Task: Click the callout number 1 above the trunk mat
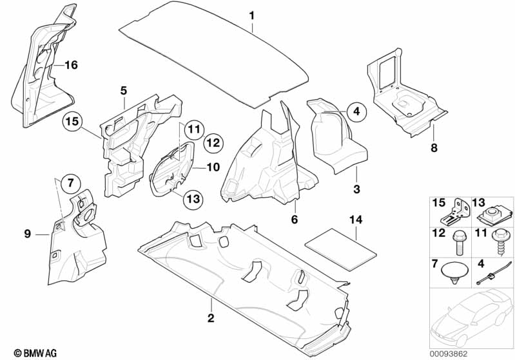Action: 252,14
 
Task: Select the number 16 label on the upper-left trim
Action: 70,64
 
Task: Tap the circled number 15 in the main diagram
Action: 73,121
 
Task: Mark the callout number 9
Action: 28,234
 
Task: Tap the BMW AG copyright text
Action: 23,353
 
